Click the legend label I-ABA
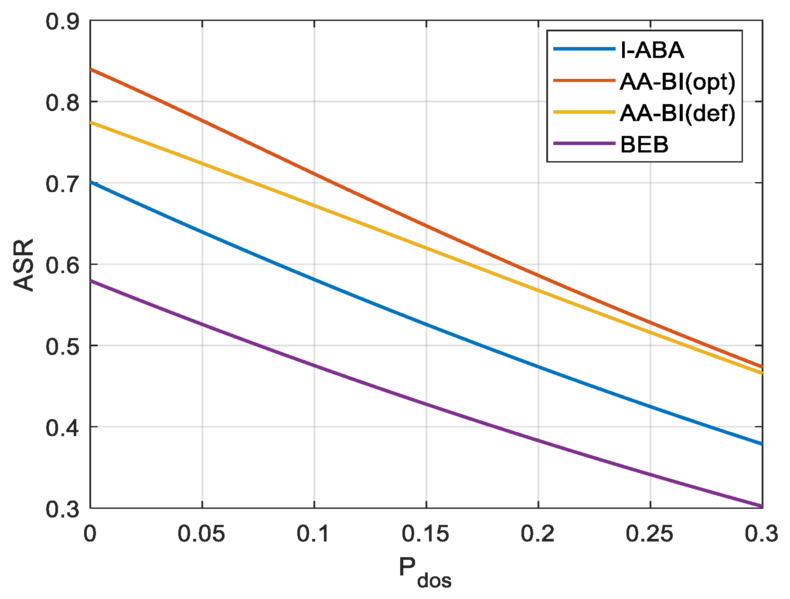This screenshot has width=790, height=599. click(652, 50)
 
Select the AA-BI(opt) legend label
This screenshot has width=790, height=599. click(678, 81)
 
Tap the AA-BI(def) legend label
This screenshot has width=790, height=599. click(678, 113)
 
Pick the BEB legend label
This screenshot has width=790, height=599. click(644, 145)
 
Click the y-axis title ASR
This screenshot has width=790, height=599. click(24, 264)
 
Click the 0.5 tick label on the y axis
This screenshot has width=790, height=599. click(63, 346)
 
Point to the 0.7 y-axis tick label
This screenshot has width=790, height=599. click(63, 183)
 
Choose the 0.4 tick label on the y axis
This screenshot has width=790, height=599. click(63, 427)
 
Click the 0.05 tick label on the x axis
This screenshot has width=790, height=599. click(201, 534)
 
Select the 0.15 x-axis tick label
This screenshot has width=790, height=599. click(426, 534)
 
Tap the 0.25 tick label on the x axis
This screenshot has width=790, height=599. click(650, 534)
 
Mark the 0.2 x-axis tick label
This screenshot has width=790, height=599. click(538, 534)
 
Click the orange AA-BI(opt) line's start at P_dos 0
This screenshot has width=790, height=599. click(91, 69)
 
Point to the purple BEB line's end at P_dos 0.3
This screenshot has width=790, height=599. click(762, 506)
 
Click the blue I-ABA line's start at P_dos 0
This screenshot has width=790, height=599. click(91, 182)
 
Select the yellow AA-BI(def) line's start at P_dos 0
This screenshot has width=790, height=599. click(91, 122)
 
